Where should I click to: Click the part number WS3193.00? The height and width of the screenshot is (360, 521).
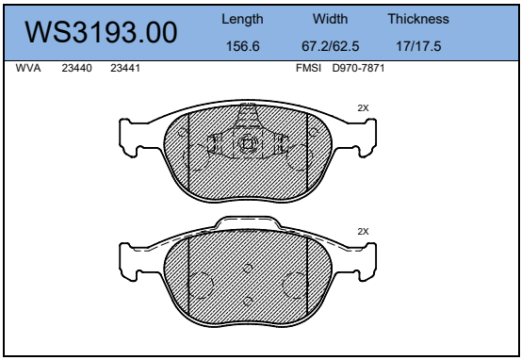coord(101,32)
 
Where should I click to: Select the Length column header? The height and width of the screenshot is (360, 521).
coord(242,19)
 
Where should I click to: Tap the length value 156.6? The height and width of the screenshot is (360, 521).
coord(242,46)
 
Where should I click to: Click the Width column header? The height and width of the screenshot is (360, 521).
coord(330,19)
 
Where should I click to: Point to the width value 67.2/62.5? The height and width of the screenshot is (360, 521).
coord(331,46)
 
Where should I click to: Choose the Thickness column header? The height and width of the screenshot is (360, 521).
coord(418,19)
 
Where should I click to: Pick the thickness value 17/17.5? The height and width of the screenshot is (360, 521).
coord(418,46)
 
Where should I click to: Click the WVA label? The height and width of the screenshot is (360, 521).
coord(28,68)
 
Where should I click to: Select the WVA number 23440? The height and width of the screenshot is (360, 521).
coord(76,68)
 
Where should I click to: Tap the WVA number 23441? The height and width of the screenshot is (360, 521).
coord(125,68)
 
